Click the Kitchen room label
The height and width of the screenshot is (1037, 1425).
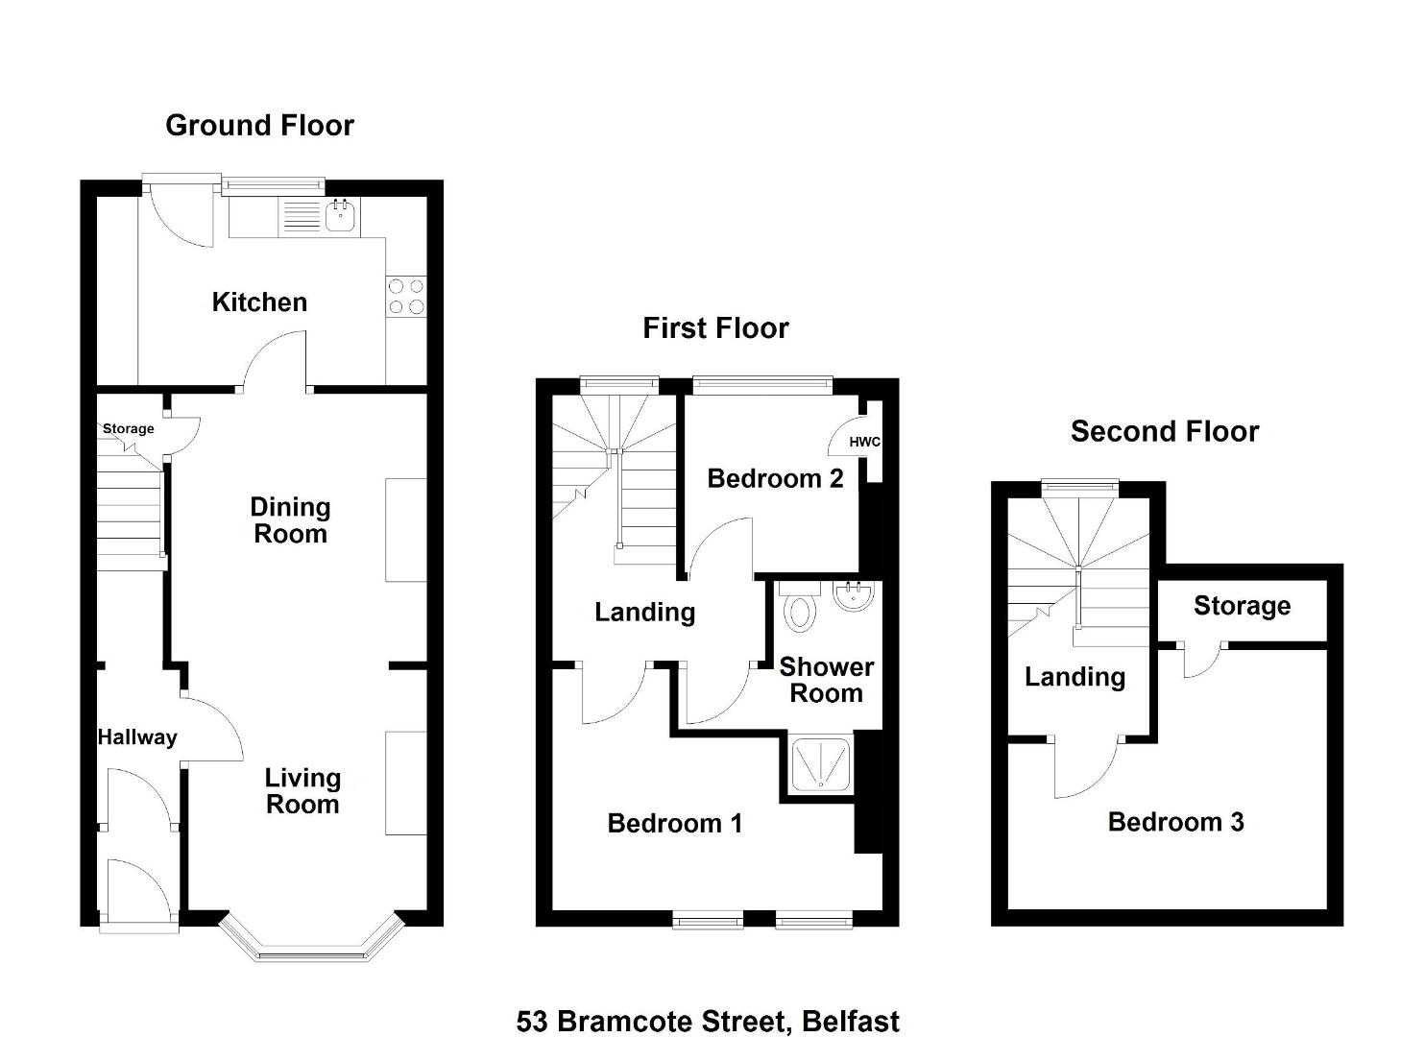tap(259, 302)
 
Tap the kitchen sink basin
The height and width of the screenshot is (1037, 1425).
tap(342, 216)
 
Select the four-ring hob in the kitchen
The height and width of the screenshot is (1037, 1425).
tap(406, 297)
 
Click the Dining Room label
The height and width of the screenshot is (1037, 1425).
tap(290, 520)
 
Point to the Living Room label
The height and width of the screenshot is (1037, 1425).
tap(302, 791)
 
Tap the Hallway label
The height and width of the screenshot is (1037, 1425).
tap(137, 737)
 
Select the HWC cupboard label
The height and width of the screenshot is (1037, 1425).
tap(864, 442)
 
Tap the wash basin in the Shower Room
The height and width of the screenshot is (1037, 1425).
tap(853, 596)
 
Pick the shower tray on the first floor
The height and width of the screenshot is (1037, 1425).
tap(820, 764)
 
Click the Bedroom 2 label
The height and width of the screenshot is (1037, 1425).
tap(776, 478)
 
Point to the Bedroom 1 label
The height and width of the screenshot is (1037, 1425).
tap(675, 823)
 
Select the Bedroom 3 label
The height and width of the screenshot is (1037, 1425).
tap(1176, 822)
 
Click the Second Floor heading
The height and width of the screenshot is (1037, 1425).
tap(1165, 431)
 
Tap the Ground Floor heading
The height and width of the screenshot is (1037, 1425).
tap(259, 126)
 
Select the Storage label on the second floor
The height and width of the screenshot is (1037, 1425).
tap(1243, 606)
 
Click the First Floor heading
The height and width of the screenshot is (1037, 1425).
tap(715, 328)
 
